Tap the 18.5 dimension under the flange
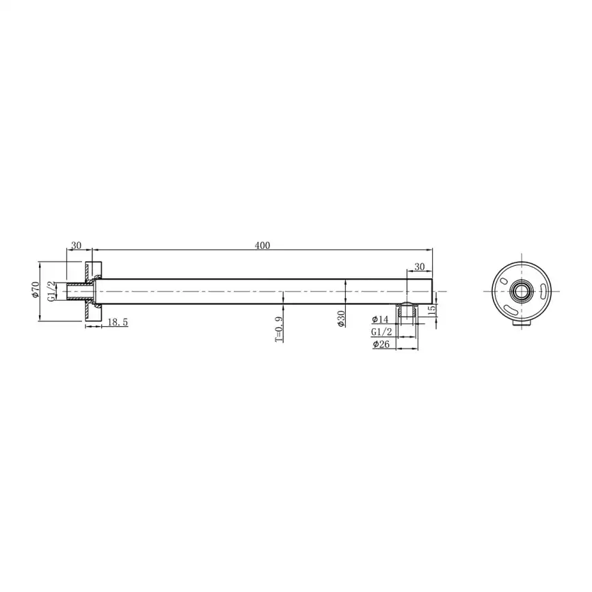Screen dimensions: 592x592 (117, 321)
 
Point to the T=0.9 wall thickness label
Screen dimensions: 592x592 (279, 331)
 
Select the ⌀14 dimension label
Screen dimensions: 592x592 (379, 319)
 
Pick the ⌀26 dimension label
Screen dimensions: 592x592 (380, 345)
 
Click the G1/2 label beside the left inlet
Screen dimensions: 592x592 (51, 291)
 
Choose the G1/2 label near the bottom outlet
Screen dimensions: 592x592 (381, 332)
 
